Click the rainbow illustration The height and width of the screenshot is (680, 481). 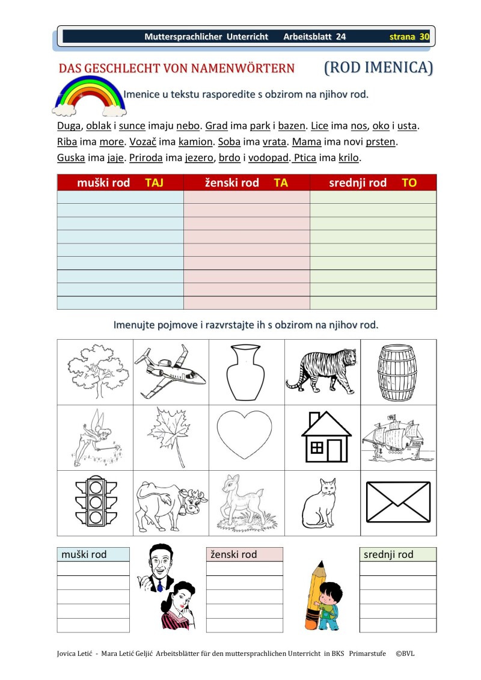[x=90, y=97]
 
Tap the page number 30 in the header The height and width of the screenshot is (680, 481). [x=424, y=37]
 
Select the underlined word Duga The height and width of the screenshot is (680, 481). [x=69, y=126]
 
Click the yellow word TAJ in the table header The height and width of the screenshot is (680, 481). [x=154, y=183]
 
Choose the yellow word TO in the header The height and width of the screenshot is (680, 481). [x=409, y=183]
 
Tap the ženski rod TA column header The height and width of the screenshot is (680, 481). [x=247, y=183]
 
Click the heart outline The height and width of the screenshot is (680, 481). [x=247, y=436]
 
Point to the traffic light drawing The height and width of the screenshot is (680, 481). [x=95, y=503]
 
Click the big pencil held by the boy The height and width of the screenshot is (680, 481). [x=315, y=592]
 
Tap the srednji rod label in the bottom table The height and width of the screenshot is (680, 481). [x=389, y=554]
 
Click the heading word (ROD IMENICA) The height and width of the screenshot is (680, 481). [x=378, y=67]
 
